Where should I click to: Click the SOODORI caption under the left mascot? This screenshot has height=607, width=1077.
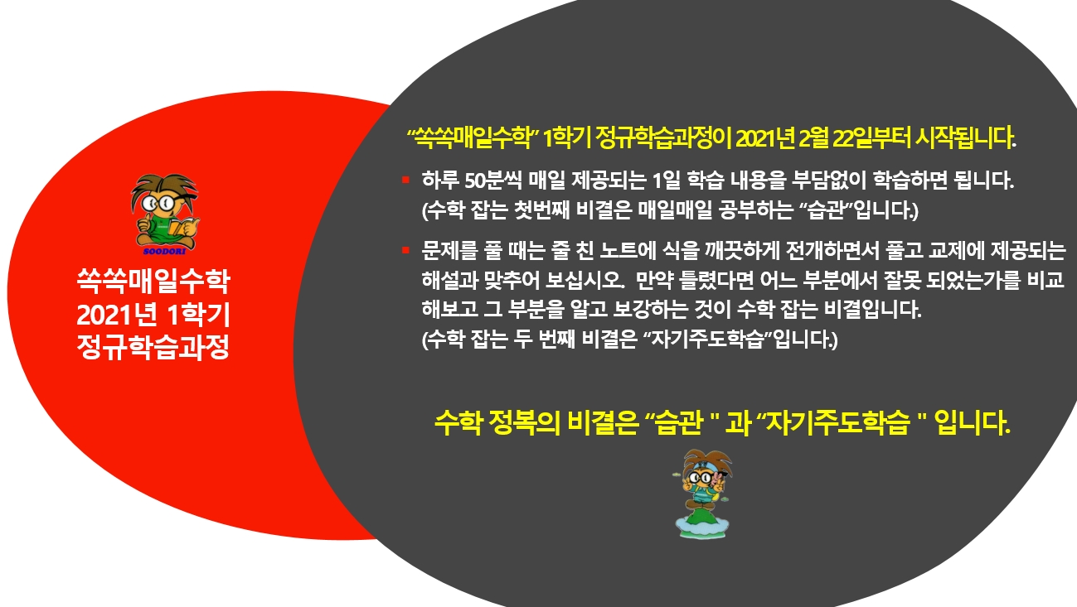click(164, 252)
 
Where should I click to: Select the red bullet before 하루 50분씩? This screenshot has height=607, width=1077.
click(405, 180)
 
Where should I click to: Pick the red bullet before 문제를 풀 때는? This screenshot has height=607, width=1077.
click(405, 250)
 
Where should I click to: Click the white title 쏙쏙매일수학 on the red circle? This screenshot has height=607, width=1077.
click(153, 281)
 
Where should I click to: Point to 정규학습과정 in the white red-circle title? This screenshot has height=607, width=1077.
click(153, 347)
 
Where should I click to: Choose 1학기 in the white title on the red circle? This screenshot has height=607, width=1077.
click(199, 315)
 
